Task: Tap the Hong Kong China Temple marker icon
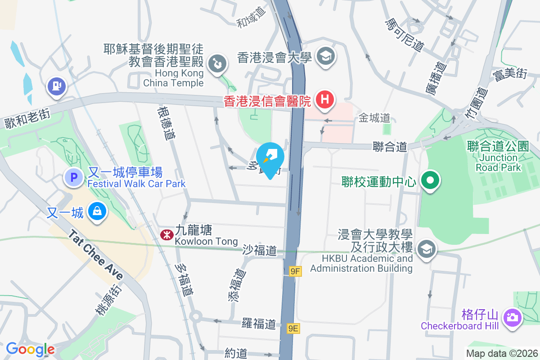(x=217, y=63)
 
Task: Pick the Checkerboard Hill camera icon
(x=512, y=317)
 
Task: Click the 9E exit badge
(x=293, y=328)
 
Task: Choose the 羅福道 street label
(x=258, y=323)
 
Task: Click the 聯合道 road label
(x=390, y=147)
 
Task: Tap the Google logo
(x=31, y=349)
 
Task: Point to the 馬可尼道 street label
(x=405, y=35)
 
